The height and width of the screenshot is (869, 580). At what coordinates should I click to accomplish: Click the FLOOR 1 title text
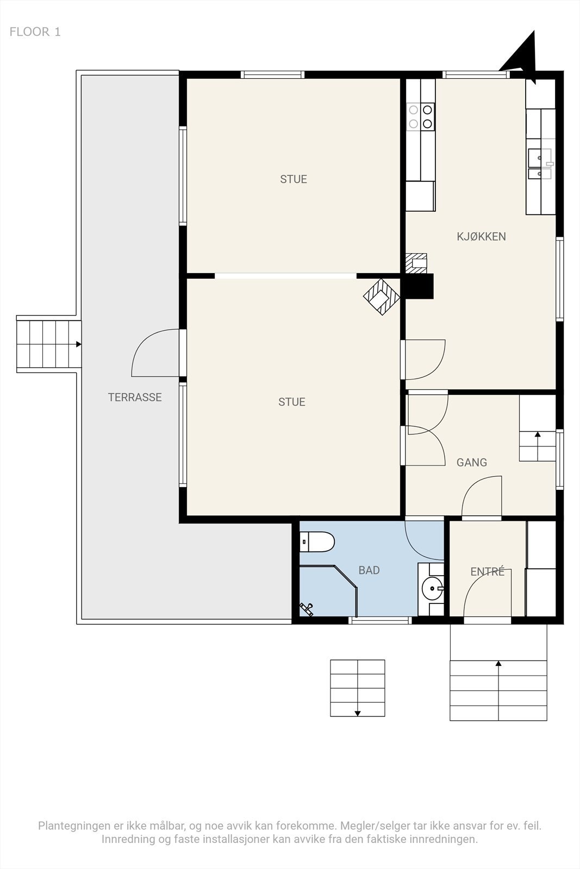coord(35,32)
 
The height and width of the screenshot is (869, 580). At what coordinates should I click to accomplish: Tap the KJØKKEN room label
coord(481,236)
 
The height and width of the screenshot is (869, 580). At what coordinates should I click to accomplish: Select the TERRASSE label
coord(135,397)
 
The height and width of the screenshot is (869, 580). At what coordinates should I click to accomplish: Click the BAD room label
coord(369,570)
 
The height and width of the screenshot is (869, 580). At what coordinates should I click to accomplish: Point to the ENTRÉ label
coord(487,571)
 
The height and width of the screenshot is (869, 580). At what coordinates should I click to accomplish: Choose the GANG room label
coord(471,462)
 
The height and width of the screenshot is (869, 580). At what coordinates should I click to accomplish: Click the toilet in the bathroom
coord(318,541)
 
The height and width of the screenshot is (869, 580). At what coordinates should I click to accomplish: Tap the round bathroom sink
coord(433,588)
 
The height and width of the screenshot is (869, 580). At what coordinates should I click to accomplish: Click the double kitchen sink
coord(539,166)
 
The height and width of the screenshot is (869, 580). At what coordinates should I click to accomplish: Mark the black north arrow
coord(523,55)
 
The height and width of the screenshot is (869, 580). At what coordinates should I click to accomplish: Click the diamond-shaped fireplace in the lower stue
coord(382,297)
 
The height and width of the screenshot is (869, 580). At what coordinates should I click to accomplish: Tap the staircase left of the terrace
coord(49,344)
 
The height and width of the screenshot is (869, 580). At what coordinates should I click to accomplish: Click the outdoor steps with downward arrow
coord(358,688)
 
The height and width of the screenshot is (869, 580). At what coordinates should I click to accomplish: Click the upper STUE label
coord(294,179)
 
